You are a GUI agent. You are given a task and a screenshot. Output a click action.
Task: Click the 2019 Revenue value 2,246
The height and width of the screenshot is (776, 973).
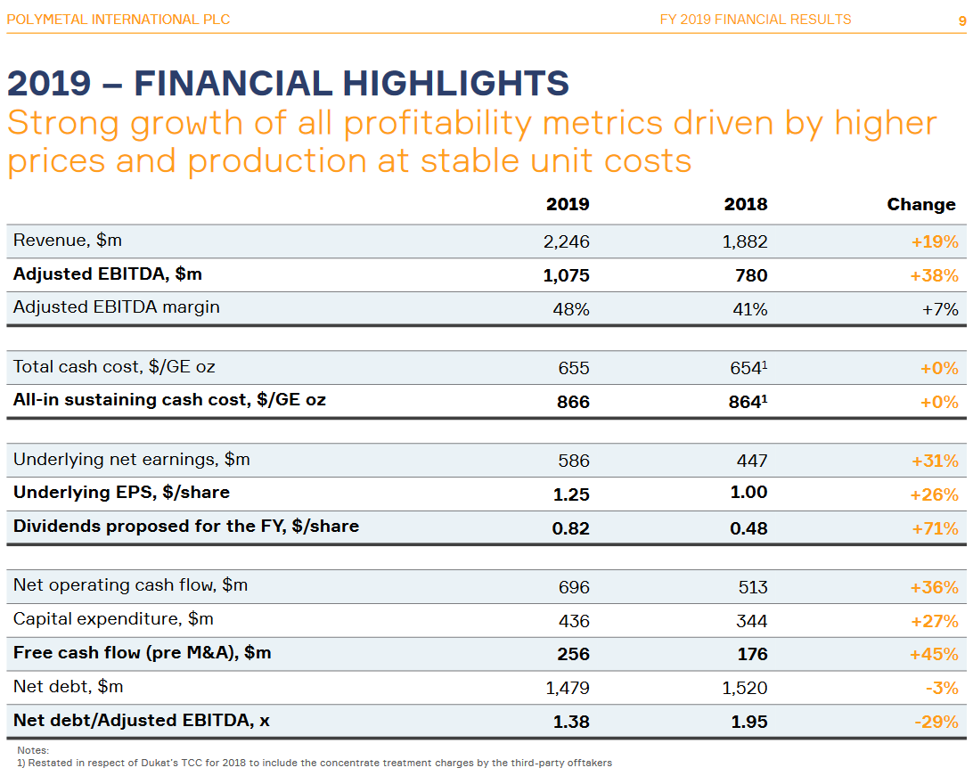pyautogui.click(x=566, y=241)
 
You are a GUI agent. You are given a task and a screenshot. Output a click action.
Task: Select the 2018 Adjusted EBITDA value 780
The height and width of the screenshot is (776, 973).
pyautogui.click(x=751, y=275)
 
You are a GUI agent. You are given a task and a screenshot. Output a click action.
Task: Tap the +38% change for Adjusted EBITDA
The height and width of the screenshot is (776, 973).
pyautogui.click(x=934, y=275)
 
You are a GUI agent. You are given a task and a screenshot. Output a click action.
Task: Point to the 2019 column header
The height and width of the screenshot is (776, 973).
pyautogui.click(x=568, y=204)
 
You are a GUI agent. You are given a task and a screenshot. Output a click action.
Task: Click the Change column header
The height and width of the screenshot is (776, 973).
pyautogui.click(x=920, y=204)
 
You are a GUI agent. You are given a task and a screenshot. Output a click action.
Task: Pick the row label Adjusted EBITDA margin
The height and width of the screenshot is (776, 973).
pyautogui.click(x=116, y=307)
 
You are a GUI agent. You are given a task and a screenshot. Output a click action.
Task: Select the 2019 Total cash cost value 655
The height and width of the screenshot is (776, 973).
pyautogui.click(x=573, y=368)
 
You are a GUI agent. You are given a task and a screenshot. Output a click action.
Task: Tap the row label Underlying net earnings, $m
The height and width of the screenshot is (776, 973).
pyautogui.click(x=131, y=460)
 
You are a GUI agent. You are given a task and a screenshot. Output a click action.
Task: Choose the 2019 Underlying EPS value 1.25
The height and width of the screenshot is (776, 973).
pyautogui.click(x=571, y=494)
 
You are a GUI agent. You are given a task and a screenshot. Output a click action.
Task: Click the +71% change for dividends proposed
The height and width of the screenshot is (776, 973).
pyautogui.click(x=935, y=528)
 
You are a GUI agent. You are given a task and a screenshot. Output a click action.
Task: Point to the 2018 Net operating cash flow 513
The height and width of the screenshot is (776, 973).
pyautogui.click(x=752, y=587)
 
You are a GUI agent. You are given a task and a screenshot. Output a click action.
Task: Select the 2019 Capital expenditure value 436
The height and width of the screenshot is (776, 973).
pyautogui.click(x=573, y=621)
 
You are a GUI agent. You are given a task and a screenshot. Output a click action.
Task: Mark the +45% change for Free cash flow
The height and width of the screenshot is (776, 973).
pyautogui.click(x=934, y=654)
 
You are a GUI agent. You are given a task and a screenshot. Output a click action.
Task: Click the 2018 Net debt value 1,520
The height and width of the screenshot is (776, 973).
pyautogui.click(x=745, y=688)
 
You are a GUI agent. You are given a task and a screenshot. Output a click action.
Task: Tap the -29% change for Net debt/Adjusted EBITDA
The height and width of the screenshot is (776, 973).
pyautogui.click(x=936, y=722)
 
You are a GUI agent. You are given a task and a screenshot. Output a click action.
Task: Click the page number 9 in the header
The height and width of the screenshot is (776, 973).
pyautogui.click(x=961, y=20)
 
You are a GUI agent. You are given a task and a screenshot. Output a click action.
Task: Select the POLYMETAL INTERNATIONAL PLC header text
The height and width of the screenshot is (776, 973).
pyautogui.click(x=118, y=20)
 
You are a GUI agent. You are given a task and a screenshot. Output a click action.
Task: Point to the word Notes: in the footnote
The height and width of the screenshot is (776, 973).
pyautogui.click(x=33, y=750)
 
